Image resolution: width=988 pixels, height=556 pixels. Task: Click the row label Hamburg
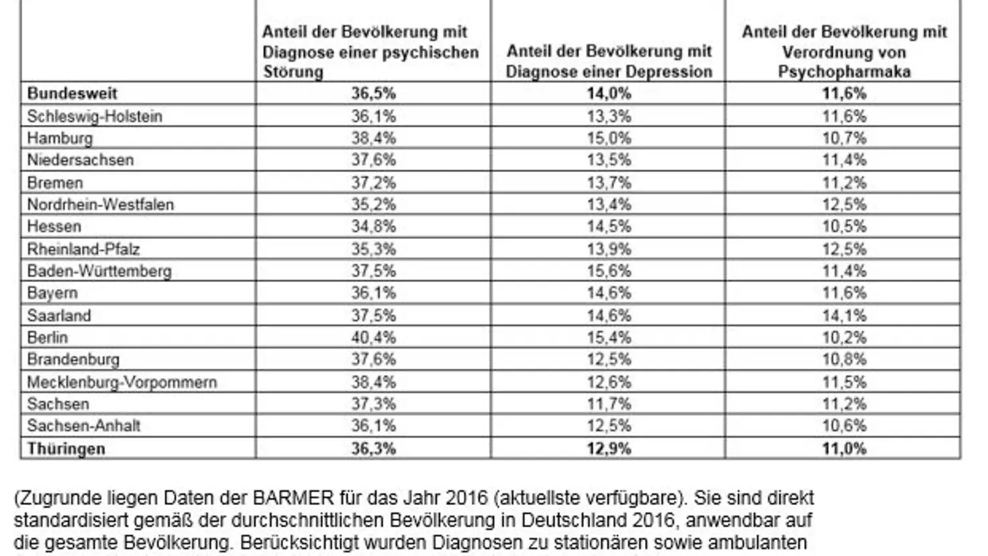click(60, 138)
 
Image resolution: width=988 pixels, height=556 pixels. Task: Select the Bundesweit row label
click(72, 93)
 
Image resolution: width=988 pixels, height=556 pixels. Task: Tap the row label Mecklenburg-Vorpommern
click(121, 382)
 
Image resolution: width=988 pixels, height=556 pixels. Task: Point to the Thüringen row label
click(66, 449)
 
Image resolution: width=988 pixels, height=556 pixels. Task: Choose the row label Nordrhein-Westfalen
click(100, 204)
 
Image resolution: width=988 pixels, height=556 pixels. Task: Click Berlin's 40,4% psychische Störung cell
click(373, 337)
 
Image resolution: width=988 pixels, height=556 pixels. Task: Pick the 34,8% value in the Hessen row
click(373, 226)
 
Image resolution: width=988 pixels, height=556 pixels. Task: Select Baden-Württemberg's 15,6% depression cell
click(609, 271)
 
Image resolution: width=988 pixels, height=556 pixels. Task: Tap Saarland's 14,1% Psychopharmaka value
click(844, 315)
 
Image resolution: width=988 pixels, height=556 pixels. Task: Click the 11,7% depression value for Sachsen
click(609, 404)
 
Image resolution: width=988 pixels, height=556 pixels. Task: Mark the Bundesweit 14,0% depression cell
click(609, 93)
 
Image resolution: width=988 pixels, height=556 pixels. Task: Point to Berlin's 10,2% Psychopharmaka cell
click(844, 337)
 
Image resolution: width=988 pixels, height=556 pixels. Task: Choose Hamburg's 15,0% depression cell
click(609, 138)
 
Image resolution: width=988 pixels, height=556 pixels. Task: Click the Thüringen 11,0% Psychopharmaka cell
click(844, 449)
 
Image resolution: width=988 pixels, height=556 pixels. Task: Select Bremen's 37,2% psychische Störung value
click(373, 183)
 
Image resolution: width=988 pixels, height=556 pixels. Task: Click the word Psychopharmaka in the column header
click(844, 72)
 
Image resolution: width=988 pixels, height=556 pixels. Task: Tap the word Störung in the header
click(293, 72)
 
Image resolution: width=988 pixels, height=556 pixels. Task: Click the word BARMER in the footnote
click(293, 498)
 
